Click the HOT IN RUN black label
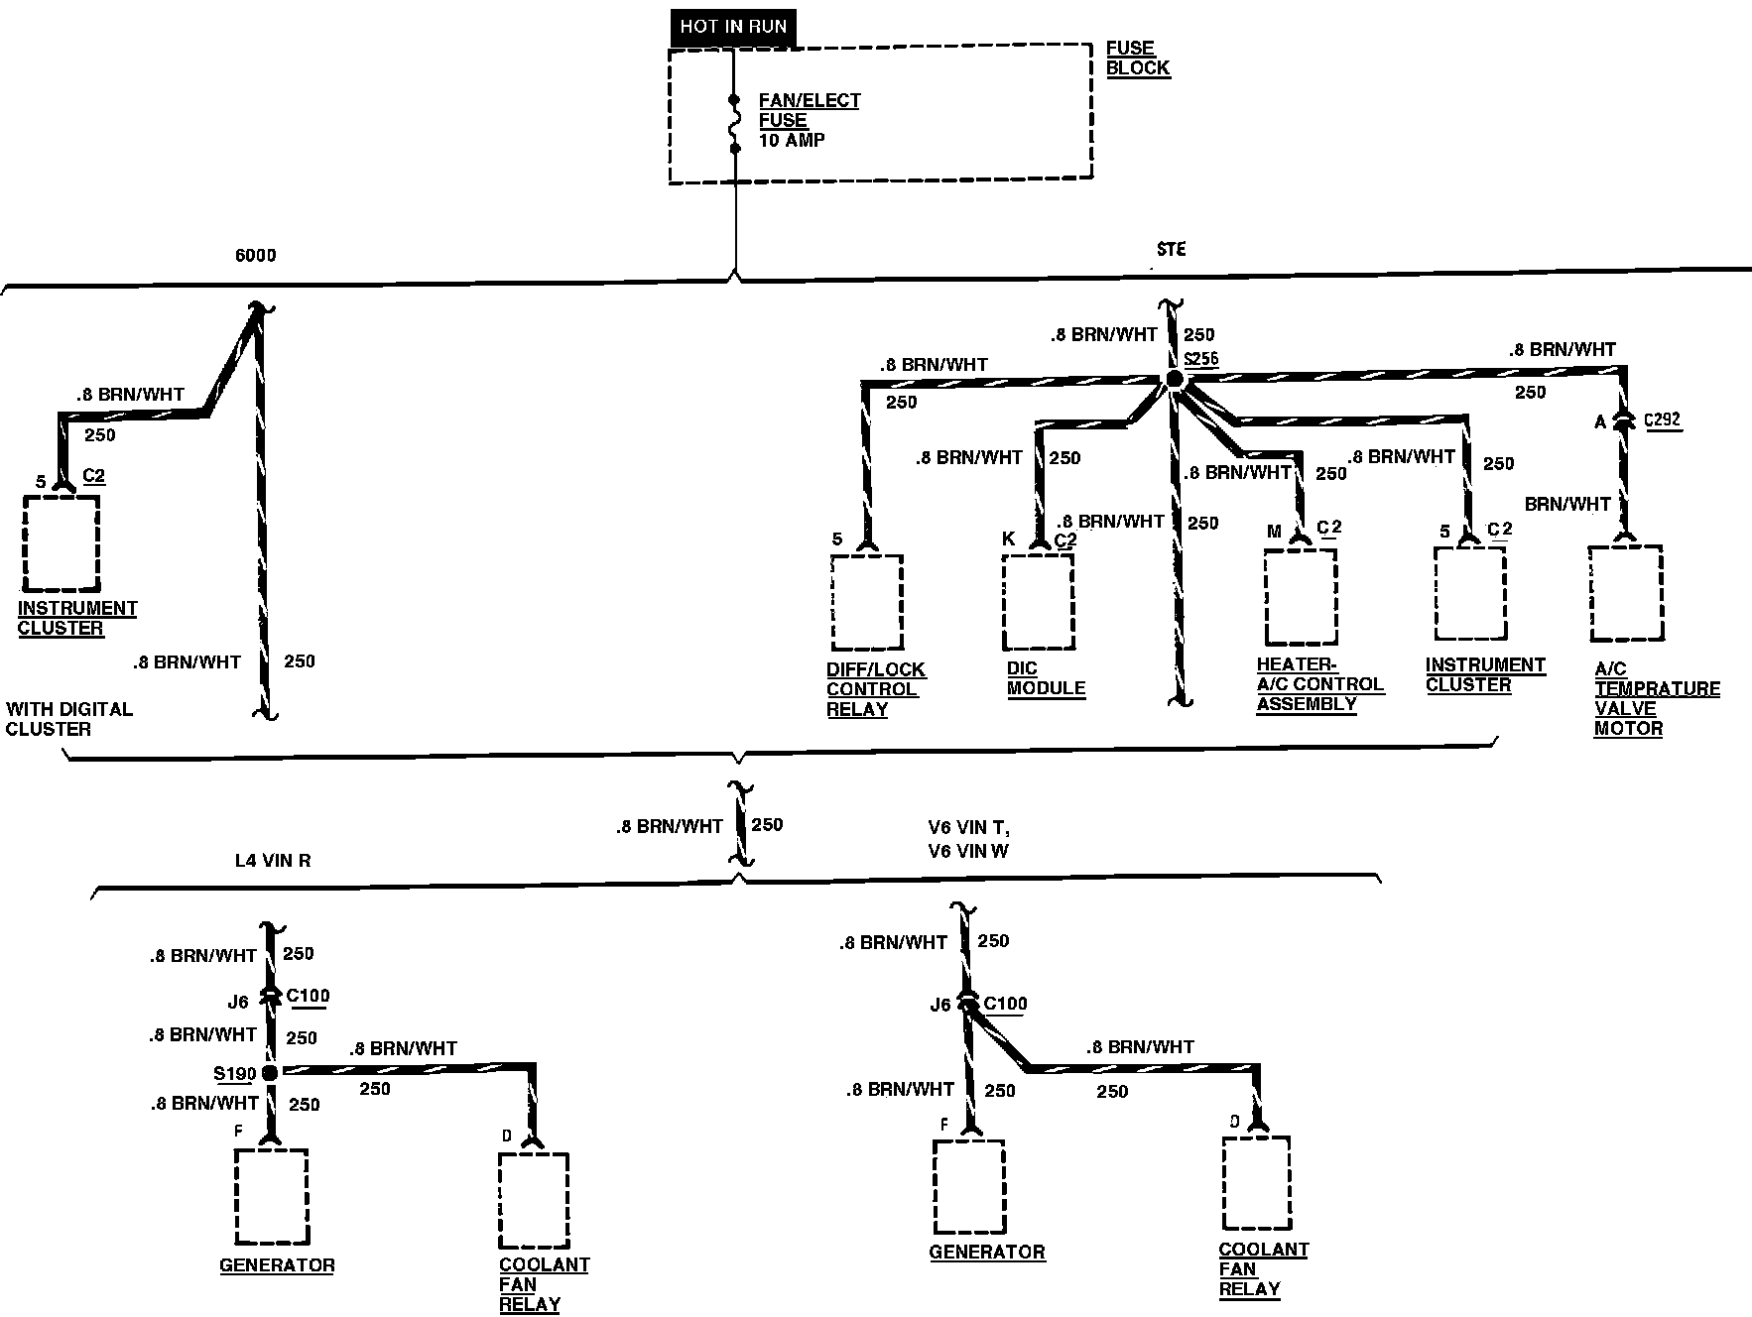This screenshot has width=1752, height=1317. [733, 27]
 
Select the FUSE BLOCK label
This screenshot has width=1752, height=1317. [1137, 59]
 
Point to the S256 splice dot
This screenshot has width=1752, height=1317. [1174, 379]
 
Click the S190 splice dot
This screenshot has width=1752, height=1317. [269, 1072]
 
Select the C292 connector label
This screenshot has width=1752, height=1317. [1662, 419]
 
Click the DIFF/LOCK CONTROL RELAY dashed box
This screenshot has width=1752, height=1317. [866, 602]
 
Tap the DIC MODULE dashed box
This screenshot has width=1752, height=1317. [1038, 600]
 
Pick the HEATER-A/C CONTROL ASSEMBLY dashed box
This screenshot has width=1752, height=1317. [1300, 596]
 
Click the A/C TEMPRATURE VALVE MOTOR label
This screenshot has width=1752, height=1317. [1655, 698]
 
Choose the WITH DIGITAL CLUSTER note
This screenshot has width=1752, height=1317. [68, 719]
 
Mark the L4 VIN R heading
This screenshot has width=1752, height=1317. [273, 861]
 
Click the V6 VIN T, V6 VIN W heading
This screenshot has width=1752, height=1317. [968, 839]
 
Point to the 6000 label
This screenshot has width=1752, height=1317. [255, 256]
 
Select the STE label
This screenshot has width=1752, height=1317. [1171, 249]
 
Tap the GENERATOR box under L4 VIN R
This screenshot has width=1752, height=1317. [271, 1197]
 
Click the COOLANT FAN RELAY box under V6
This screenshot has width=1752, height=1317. [1256, 1183]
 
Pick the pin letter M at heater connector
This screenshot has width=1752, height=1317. [1275, 533]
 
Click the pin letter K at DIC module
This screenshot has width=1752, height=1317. [1009, 539]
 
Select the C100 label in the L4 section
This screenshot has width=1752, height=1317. [308, 996]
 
